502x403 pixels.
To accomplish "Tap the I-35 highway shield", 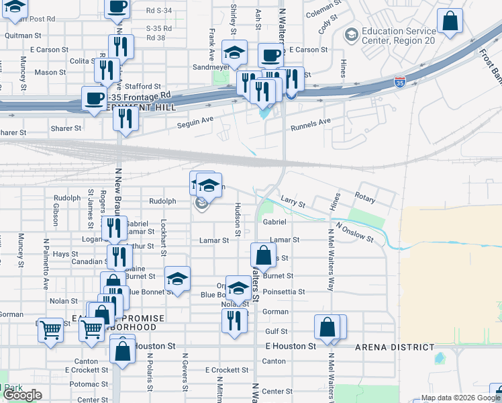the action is (400, 83).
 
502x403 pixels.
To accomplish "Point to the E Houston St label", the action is (291, 347).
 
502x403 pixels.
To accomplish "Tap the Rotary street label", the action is (365, 199).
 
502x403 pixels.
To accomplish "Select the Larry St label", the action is (293, 203).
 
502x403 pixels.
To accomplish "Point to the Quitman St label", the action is (22, 35).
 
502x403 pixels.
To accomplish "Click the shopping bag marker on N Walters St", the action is (264, 255).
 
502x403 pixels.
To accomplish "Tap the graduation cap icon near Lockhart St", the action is (177, 279).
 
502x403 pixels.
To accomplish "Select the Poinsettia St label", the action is (284, 292).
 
